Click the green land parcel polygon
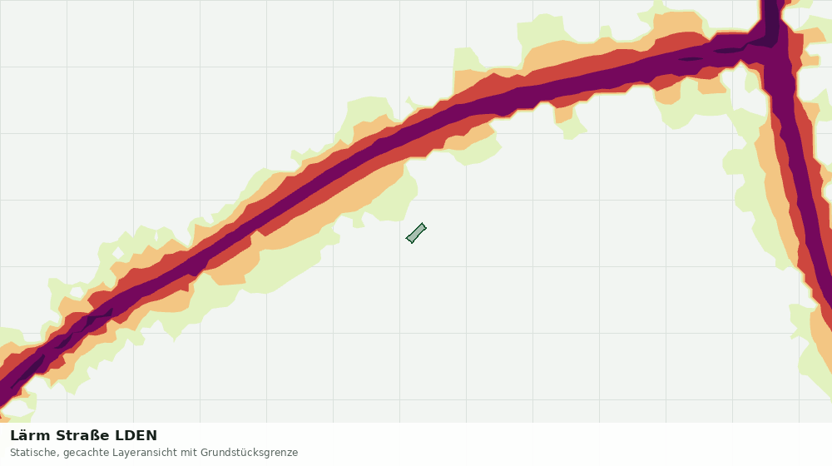pyautogui.click(x=416, y=233)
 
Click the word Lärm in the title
pyautogui.click(x=30, y=436)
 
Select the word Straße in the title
pyautogui.click(x=83, y=436)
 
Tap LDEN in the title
pyautogui.click(x=136, y=436)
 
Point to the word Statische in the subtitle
pyautogui.click(x=34, y=453)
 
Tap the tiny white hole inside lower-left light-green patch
pyautogui.click(x=77, y=292)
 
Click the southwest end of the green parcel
pyautogui.click(x=409, y=240)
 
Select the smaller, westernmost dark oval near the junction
pyautogui.click(x=689, y=58)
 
